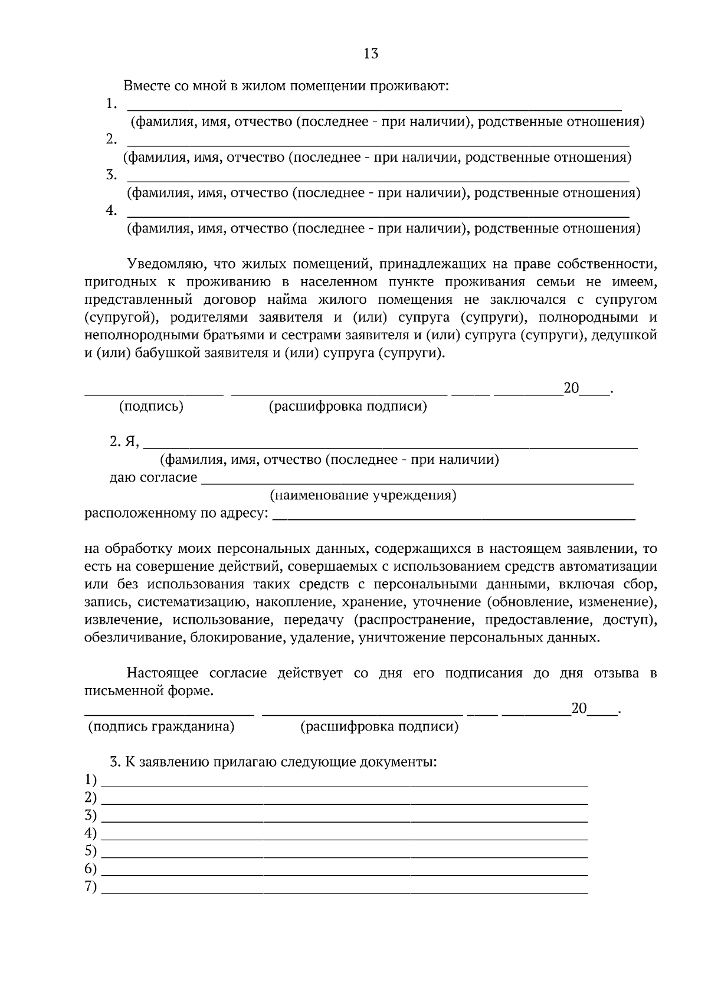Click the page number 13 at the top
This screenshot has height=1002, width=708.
pyautogui.click(x=371, y=54)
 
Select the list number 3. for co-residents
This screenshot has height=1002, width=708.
pyautogui.click(x=112, y=175)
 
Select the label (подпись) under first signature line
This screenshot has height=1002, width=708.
pyautogui.click(x=152, y=407)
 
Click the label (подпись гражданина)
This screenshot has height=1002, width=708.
pyautogui.click(x=161, y=727)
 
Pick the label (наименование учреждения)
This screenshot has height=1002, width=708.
pyautogui.click(x=363, y=495)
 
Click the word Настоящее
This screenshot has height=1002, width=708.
pyautogui.click(x=162, y=673)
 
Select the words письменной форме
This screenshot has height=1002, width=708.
pyautogui.click(x=149, y=691)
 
